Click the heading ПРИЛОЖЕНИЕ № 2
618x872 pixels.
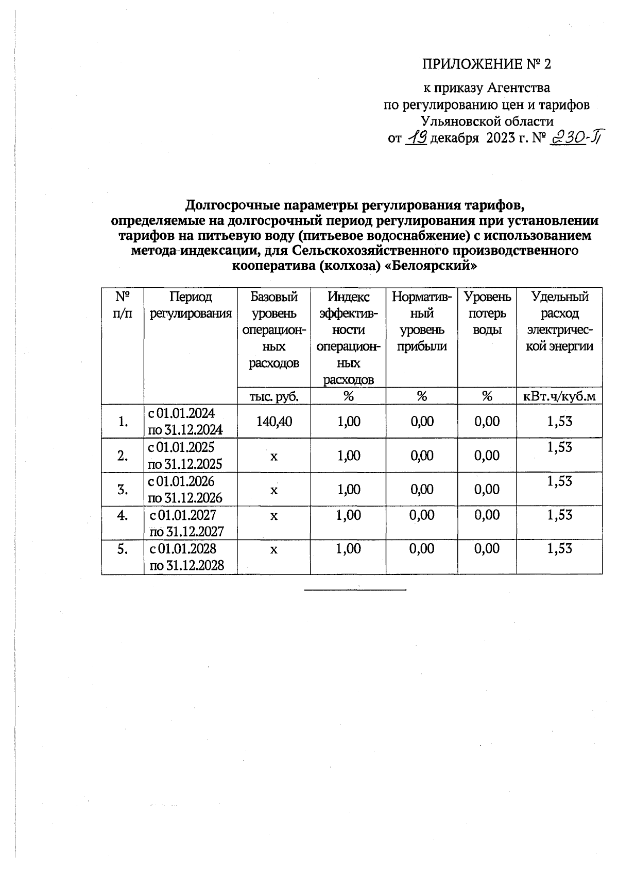[x=487, y=64]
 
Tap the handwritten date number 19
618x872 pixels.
[x=416, y=137]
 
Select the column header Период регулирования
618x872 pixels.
[x=191, y=305]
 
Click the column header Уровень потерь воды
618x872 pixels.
[x=487, y=313]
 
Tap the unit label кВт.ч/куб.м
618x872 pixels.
[x=559, y=396]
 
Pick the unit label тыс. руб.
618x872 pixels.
[x=273, y=396]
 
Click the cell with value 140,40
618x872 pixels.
[x=273, y=421]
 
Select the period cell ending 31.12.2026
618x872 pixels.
[x=185, y=490]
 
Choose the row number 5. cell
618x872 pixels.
[x=123, y=549]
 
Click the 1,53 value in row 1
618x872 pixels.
[x=560, y=421]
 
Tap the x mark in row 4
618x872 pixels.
[x=273, y=515]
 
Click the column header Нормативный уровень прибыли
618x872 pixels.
[x=422, y=321]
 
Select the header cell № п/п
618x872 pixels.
[x=123, y=305]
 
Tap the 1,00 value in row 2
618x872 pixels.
[x=349, y=456]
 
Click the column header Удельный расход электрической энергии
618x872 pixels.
[x=559, y=321]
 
